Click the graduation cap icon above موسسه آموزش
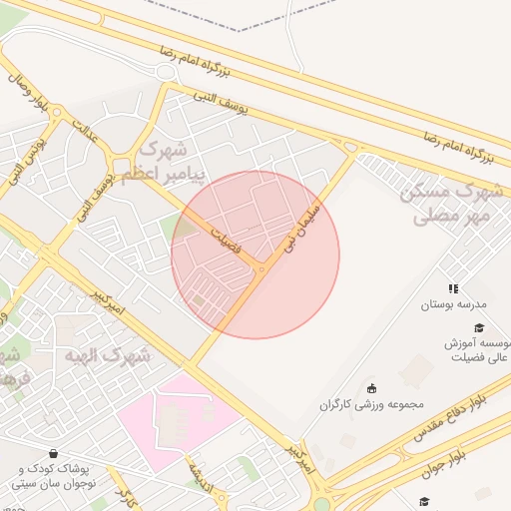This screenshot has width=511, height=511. coord(479,327)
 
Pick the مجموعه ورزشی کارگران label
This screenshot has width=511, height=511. coord(372,405)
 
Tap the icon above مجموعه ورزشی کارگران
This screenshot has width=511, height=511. coord(372,388)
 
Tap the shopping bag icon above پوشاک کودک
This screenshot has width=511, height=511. coord(52,452)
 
